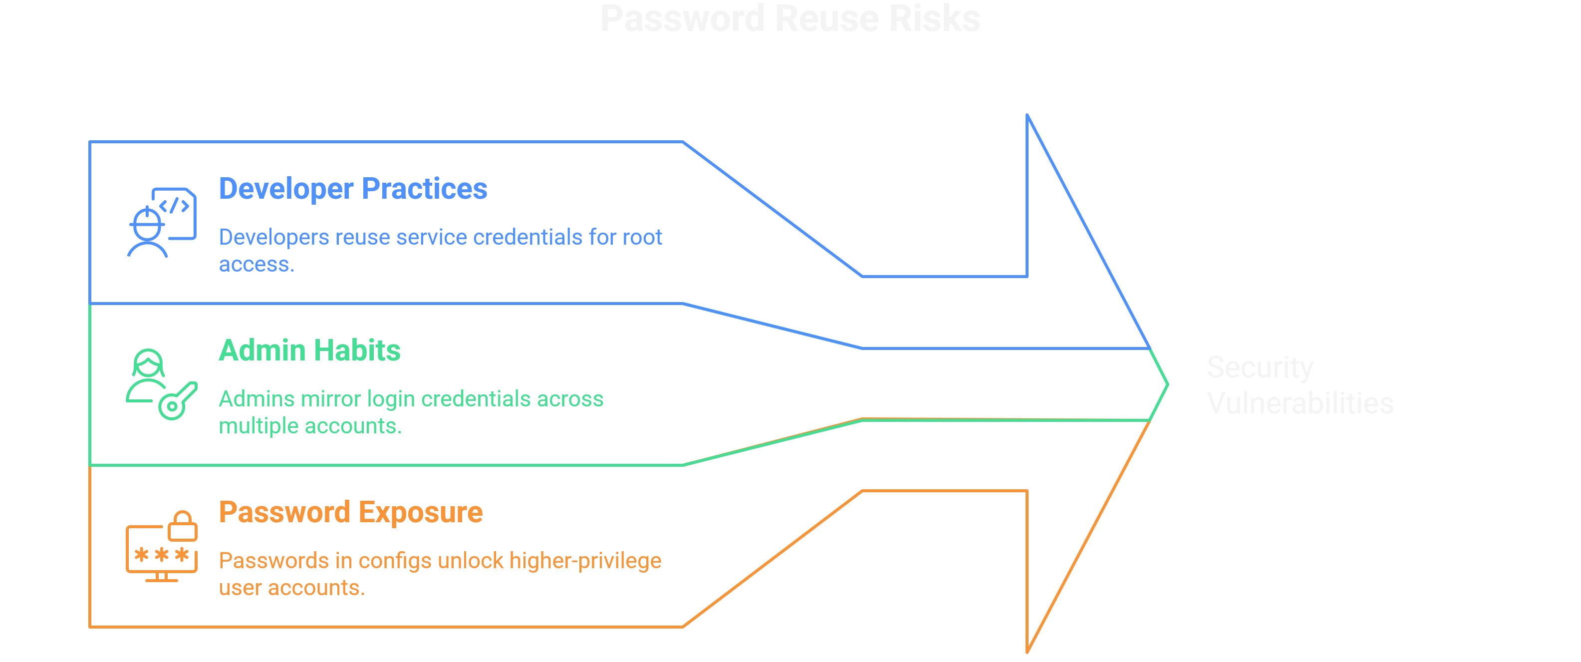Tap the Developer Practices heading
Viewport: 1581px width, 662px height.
click(353, 189)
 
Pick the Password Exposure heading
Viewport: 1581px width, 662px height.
click(350, 512)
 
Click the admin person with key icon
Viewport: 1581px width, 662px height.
click(161, 384)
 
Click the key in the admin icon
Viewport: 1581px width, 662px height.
click(178, 401)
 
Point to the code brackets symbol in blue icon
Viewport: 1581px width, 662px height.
click(174, 206)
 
